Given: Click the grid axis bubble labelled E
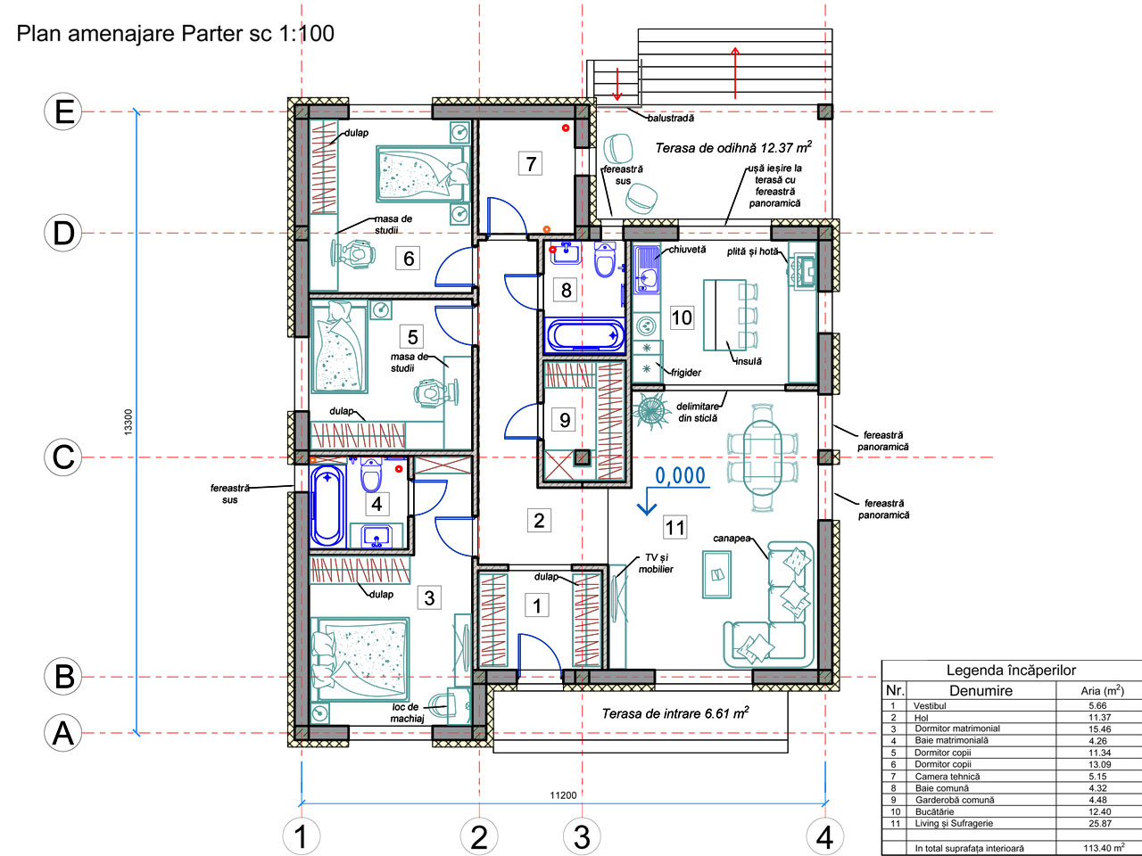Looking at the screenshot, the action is point(63,111).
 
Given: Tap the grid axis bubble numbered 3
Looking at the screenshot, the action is point(582,836).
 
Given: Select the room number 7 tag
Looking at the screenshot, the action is point(530,164).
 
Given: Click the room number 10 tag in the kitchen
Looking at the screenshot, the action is point(682,317).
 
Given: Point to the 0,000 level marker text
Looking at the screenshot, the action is point(680,475).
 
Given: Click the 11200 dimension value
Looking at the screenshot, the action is point(563,795).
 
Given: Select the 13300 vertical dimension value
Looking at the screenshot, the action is point(128,422).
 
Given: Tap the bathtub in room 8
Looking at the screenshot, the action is point(584,335).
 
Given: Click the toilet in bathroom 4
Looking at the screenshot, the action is point(371,474).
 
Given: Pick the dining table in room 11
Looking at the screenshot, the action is point(762,457).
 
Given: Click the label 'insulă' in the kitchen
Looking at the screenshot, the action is point(749,361).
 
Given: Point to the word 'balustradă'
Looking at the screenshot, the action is point(671,118).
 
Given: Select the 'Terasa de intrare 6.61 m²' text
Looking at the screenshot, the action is point(675,712).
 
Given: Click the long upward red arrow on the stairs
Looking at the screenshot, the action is point(734,73).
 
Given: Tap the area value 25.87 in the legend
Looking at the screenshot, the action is point(1099,823).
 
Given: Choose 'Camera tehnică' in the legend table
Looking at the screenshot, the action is point(947,777).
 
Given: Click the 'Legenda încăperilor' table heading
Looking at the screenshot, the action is point(1011,670).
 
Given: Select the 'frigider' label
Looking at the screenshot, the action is point(686,373).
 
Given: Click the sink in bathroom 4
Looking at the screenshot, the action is point(377,536).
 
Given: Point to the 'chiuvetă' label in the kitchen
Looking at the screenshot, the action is point(687,250).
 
